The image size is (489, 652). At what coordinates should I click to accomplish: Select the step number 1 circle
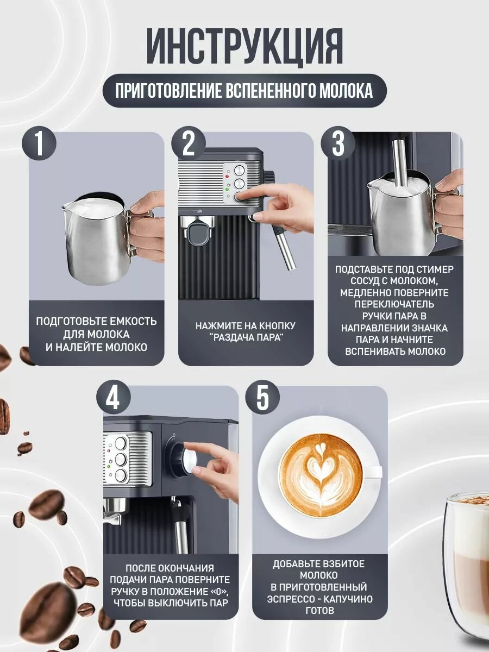pyautogui.click(x=39, y=145)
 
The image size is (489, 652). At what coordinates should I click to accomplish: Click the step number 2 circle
pyautogui.click(x=188, y=145)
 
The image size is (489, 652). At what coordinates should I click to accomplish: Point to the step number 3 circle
pyautogui.click(x=338, y=145)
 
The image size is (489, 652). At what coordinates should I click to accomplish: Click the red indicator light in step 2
pyautogui.click(x=228, y=177)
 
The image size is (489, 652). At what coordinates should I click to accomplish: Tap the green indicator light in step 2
pyautogui.click(x=228, y=189)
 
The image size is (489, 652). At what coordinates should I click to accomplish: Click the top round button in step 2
pyautogui.click(x=239, y=170)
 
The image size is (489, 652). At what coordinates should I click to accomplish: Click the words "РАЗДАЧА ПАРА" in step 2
pyautogui.click(x=247, y=338)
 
